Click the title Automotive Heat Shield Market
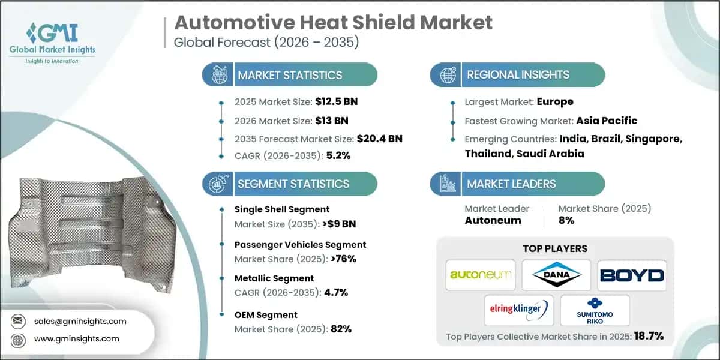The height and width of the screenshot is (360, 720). pos(333,22)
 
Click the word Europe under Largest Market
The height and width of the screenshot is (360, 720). pos(554,101)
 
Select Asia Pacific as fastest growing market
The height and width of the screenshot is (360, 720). pos(606,120)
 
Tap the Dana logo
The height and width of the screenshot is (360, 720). pos(555,275)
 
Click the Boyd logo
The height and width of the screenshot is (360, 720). pos(631,275)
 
